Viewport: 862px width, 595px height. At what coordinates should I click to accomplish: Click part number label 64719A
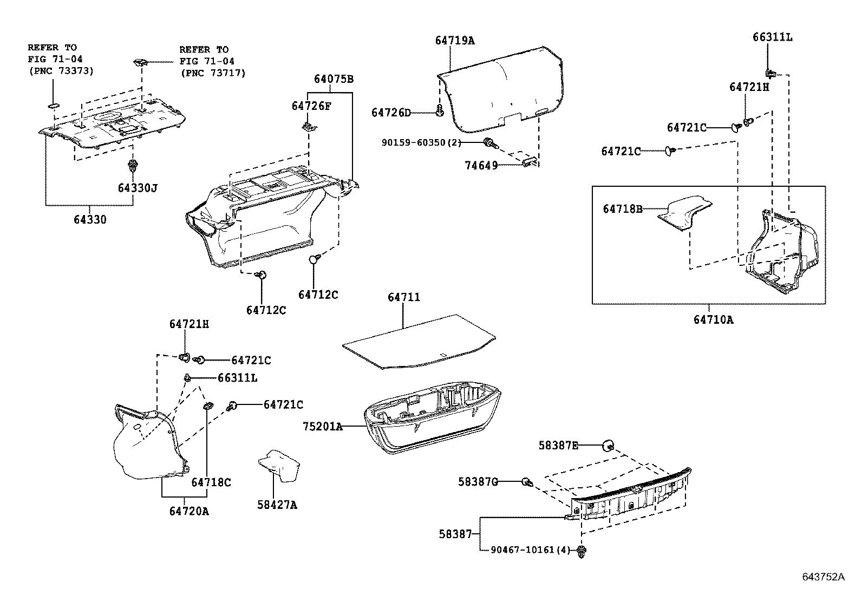tap(454, 40)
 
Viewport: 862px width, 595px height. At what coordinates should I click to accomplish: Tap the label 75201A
tap(322, 426)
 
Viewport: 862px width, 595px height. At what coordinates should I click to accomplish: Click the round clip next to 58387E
tap(609, 446)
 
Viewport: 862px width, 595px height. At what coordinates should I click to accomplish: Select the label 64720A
tap(188, 511)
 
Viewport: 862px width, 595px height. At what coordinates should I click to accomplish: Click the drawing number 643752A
tap(823, 577)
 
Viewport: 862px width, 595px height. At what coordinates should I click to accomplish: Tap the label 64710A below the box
tap(713, 319)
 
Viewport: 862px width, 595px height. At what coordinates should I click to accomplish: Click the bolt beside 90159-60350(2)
tap(491, 143)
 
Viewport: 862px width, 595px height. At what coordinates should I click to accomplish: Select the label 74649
tap(481, 166)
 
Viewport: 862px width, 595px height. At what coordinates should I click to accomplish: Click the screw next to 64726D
tap(440, 112)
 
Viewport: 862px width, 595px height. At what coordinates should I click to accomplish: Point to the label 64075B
tap(334, 79)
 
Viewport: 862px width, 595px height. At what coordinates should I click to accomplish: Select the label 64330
tap(90, 220)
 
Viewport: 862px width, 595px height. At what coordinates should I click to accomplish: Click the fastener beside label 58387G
tap(526, 481)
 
